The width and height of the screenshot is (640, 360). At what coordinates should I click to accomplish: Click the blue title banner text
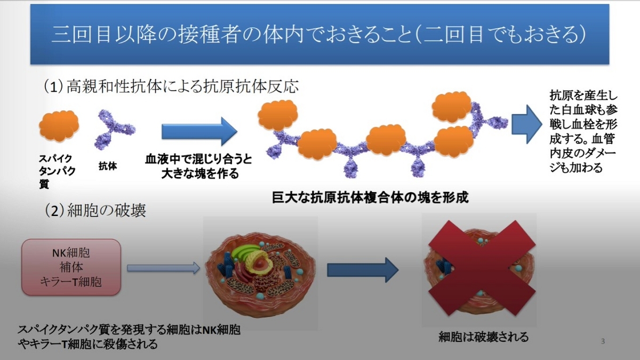click(x=319, y=35)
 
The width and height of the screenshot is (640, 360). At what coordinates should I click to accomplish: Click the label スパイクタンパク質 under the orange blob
click(x=57, y=171)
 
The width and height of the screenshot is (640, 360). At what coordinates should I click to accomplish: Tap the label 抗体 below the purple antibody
click(x=108, y=166)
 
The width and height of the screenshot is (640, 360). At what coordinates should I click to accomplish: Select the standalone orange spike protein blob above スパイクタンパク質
click(x=59, y=126)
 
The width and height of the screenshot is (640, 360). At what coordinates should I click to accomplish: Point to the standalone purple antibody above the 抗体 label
click(x=115, y=129)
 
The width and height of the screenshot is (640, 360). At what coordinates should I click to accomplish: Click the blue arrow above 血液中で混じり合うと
click(x=199, y=131)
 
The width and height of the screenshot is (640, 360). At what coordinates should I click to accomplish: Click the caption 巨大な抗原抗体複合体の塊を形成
click(x=370, y=197)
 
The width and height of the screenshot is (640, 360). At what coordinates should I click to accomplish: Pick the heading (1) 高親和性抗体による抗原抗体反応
click(x=171, y=86)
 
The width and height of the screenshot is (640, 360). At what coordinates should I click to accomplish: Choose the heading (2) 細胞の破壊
click(x=95, y=211)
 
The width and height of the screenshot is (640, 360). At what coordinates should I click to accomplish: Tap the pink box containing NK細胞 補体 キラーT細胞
click(x=71, y=267)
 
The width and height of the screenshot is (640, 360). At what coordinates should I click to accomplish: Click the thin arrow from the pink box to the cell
click(x=163, y=268)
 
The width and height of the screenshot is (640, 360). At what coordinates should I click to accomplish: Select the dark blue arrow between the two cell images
click(x=363, y=270)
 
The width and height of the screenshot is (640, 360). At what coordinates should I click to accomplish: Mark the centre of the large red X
click(x=482, y=268)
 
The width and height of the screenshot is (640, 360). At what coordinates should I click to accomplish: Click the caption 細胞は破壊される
click(x=483, y=337)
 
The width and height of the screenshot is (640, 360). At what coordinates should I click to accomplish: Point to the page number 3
click(x=603, y=341)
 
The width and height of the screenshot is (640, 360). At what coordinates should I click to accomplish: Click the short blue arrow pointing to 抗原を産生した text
click(x=526, y=124)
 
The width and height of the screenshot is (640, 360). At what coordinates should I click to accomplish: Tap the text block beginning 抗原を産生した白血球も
click(x=583, y=131)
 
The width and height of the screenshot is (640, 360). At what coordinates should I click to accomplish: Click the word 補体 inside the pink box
click(x=71, y=267)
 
